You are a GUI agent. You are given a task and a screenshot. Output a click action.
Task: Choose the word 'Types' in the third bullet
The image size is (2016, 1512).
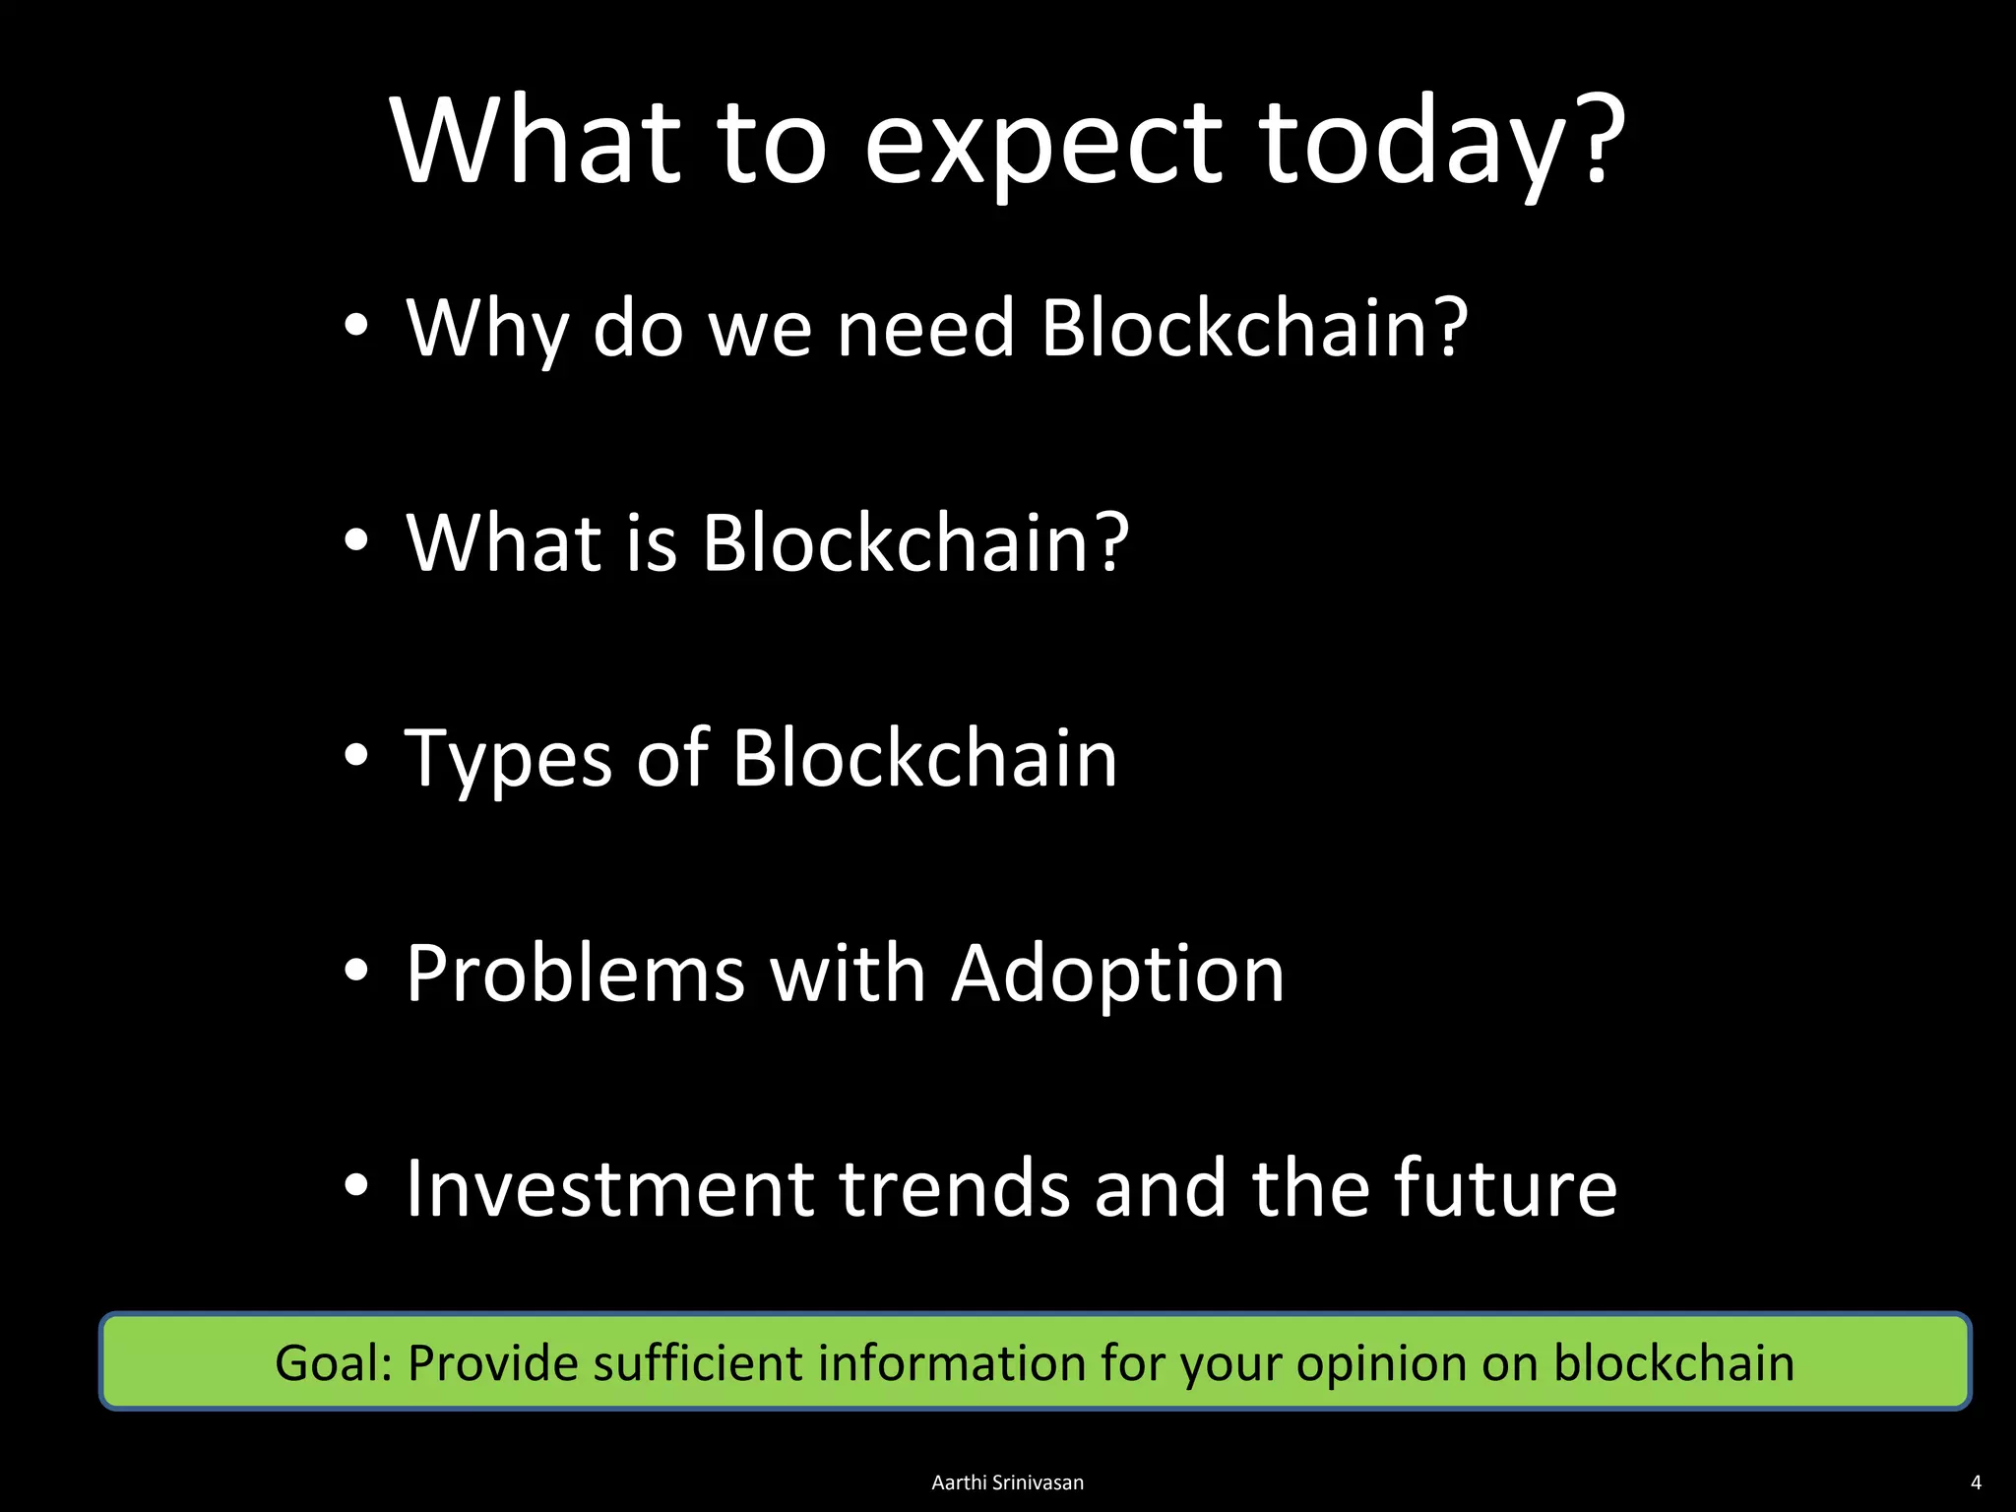(509, 760)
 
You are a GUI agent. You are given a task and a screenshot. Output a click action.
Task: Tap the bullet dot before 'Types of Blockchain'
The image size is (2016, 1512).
(356, 755)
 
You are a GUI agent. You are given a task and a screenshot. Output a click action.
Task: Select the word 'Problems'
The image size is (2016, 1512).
(576, 975)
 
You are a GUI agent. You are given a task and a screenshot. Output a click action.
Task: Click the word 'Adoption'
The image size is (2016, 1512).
(1118, 975)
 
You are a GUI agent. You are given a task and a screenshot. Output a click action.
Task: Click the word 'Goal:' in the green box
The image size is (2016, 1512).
(335, 1364)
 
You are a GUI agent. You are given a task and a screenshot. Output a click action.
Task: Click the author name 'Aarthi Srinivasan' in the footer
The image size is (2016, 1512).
(1007, 1482)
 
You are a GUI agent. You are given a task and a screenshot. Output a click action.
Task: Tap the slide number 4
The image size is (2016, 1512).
(1976, 1482)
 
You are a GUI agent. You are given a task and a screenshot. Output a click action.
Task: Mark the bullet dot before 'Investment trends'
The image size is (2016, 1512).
(356, 1185)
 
